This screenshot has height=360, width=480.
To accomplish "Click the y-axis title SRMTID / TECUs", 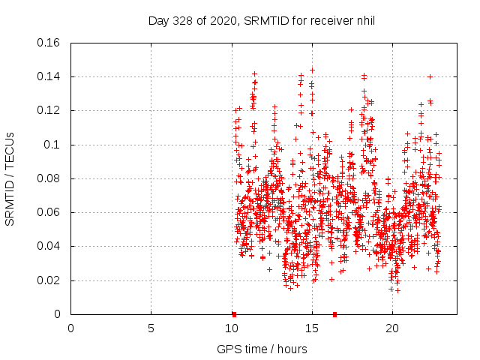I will tap(10, 178).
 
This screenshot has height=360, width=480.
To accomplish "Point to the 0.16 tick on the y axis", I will tap(49, 43).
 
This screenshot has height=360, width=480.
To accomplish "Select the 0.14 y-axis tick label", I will tap(49, 76).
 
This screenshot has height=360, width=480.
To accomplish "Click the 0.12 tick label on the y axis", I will tap(49, 110).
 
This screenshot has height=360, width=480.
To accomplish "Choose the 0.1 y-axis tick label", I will tap(53, 145).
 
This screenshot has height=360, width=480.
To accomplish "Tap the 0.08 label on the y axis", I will tap(49, 178).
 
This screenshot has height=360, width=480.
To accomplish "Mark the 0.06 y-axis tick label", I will tap(49, 212).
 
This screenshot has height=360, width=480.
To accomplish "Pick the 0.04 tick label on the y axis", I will tap(49, 246).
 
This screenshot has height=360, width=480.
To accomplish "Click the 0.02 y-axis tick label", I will tap(49, 280).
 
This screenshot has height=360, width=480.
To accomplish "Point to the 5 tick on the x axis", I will tap(151, 328).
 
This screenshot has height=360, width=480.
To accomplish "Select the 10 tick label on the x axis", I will tap(231, 328).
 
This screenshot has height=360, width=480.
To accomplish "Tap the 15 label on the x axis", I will tap(311, 328).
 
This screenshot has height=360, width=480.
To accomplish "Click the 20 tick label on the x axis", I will tap(391, 328).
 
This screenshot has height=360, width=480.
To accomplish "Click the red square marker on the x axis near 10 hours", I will tap(234, 314).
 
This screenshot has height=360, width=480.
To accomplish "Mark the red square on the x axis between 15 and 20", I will tap(334, 314).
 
